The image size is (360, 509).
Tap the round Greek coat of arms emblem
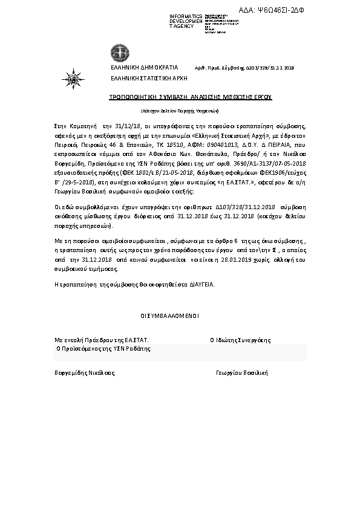pos(117,52)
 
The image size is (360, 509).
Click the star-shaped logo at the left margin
pos(71,77)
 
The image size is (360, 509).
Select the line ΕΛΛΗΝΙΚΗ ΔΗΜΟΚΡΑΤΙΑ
pos(143,68)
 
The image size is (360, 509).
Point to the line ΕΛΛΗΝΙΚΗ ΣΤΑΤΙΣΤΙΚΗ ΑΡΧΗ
pos(148,78)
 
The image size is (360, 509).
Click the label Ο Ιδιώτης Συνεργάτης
pos(240,340)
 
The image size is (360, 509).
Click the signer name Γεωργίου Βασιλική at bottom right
pos(242,372)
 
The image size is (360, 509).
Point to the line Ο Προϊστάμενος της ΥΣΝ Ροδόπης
pos(103,349)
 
